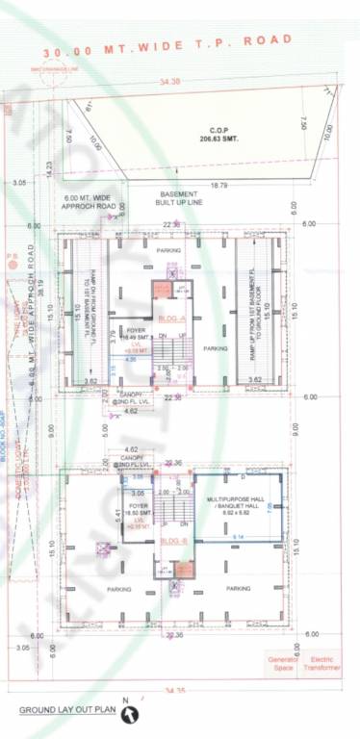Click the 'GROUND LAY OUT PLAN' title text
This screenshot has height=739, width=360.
[67, 710]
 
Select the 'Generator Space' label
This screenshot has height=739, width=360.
[284, 664]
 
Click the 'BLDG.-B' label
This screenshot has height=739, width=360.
[172, 542]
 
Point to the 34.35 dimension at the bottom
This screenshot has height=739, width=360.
[174, 690]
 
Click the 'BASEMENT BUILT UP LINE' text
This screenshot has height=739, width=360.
[180, 199]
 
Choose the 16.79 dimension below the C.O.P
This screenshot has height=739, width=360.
[219, 184]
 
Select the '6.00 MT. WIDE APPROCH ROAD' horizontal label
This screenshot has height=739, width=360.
[92, 202]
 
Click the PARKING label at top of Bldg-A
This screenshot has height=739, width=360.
[169, 251]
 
